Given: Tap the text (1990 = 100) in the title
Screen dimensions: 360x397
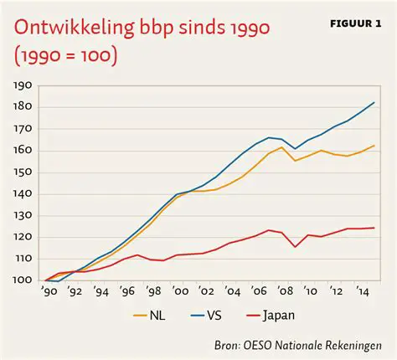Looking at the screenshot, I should click(65, 58).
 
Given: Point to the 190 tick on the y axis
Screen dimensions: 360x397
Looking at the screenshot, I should click(22, 85).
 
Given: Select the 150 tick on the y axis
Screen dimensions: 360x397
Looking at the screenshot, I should click(22, 172).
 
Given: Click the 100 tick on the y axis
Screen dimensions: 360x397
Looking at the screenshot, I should click(22, 280).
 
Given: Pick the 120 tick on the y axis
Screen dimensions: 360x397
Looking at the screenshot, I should click(22, 237).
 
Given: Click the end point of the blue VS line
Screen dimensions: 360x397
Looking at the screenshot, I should click(374, 102).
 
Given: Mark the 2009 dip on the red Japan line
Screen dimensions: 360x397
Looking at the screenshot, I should click(296, 246).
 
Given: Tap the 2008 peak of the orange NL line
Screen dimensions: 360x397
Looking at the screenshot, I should click(282, 147).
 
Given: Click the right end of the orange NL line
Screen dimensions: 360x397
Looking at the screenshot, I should click(374, 146).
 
